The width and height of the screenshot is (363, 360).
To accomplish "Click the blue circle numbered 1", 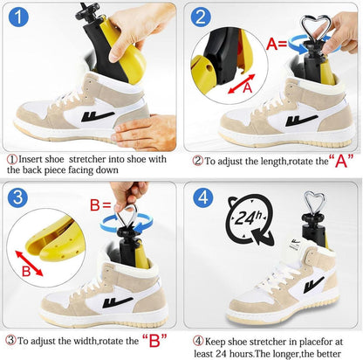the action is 18,17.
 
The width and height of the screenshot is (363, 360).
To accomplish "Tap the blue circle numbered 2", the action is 201,17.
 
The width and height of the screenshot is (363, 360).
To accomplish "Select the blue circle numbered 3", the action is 17,197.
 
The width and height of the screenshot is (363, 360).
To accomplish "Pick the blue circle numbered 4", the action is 203,197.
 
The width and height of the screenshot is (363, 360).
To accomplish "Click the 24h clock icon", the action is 250,220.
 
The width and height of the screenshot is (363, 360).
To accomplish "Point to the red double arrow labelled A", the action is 242,84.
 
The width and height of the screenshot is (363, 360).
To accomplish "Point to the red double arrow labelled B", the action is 29,263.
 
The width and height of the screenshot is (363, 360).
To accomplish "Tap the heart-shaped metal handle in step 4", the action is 314,203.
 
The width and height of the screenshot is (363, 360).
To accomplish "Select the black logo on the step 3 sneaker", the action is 118,302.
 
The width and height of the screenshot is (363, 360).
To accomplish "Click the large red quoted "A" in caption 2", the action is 341,161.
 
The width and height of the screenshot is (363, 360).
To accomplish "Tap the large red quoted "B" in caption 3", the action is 154,340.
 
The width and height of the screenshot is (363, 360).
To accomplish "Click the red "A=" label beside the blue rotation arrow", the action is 277,45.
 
